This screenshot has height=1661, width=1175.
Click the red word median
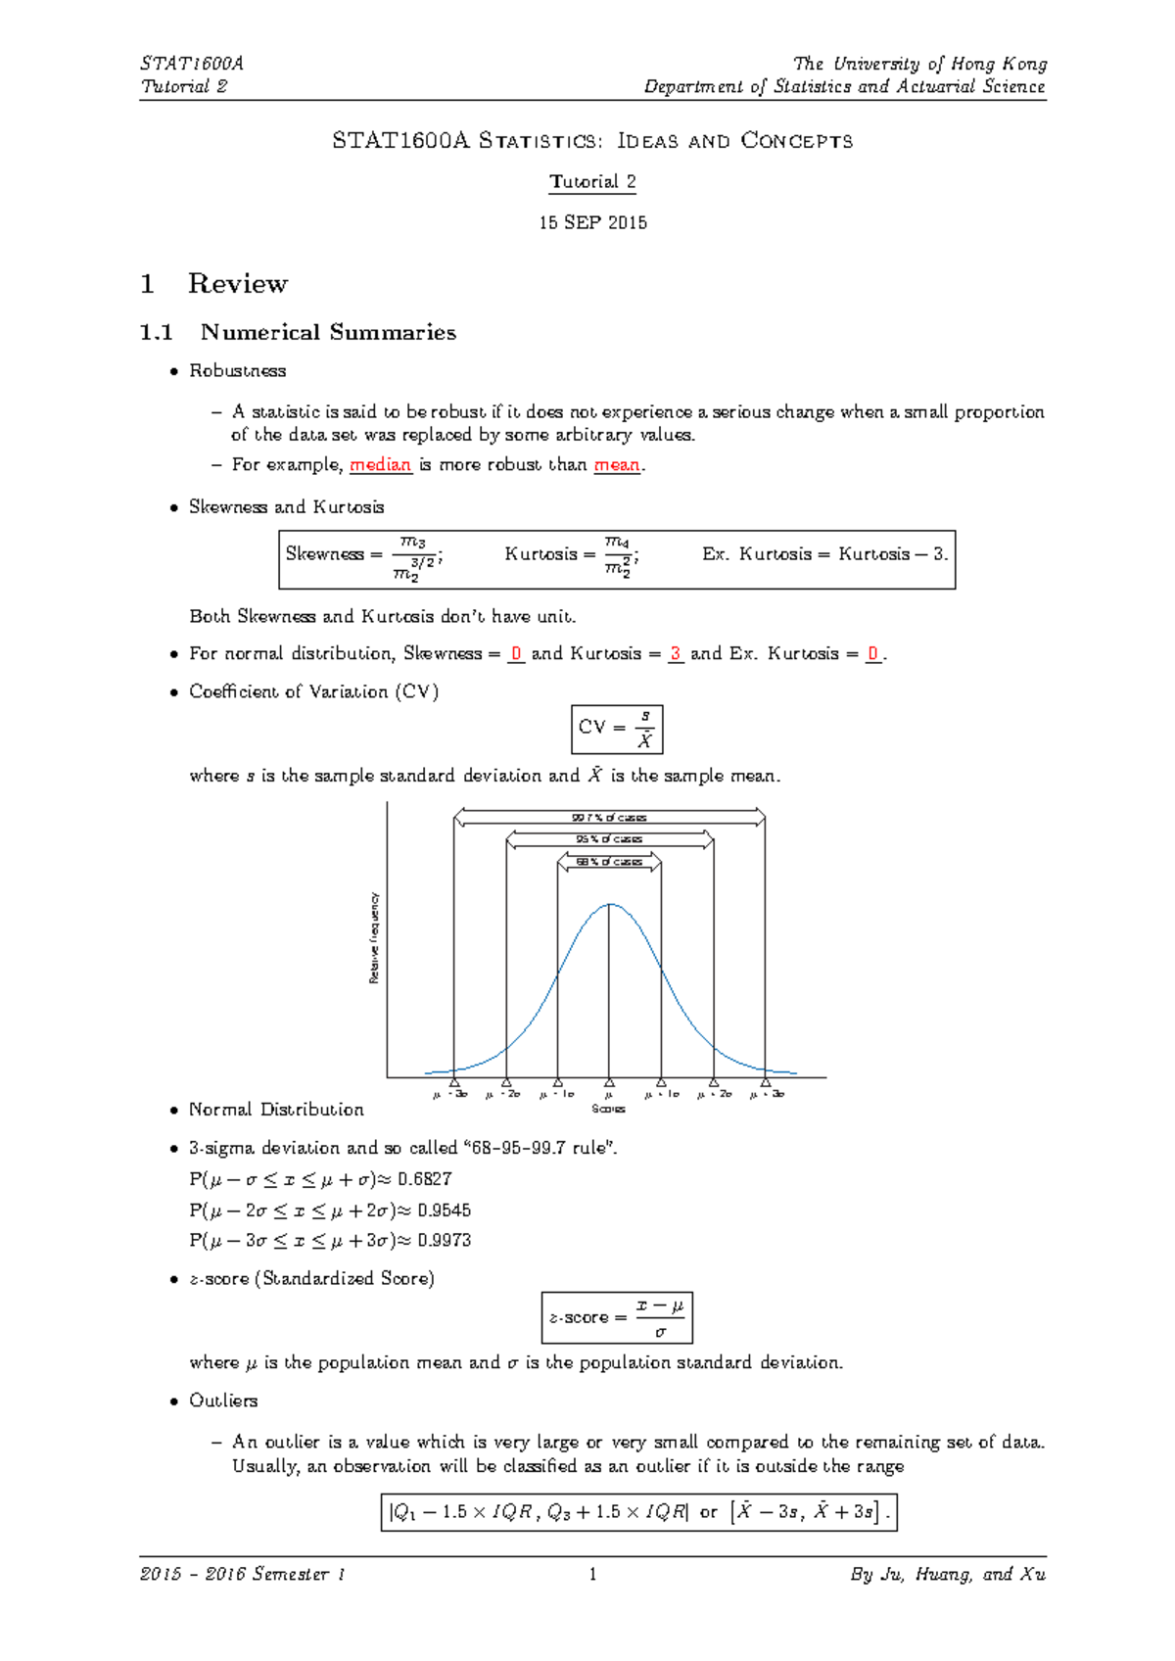[x=380, y=465]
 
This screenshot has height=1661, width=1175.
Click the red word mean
[x=617, y=465]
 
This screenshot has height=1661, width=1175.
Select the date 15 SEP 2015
[x=592, y=222]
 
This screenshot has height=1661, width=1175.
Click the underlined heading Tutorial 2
[x=592, y=182]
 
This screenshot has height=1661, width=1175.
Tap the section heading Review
[x=237, y=284]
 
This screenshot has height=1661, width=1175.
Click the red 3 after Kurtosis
[x=676, y=653]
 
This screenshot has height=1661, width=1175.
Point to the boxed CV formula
[x=617, y=729]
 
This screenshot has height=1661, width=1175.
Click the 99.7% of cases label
[x=609, y=818]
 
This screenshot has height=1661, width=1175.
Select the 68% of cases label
[x=609, y=862]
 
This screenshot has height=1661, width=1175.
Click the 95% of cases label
[x=609, y=839]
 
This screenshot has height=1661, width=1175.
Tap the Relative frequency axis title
[x=374, y=937]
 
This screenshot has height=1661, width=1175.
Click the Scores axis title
[x=608, y=1109]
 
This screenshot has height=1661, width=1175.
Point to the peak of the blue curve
[x=610, y=905]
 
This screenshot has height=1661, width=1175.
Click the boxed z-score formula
[x=617, y=1317]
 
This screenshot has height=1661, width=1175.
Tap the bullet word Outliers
[x=223, y=1400]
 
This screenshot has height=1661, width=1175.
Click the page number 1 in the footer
[x=592, y=1575]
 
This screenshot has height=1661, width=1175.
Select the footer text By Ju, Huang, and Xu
[x=948, y=1575]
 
